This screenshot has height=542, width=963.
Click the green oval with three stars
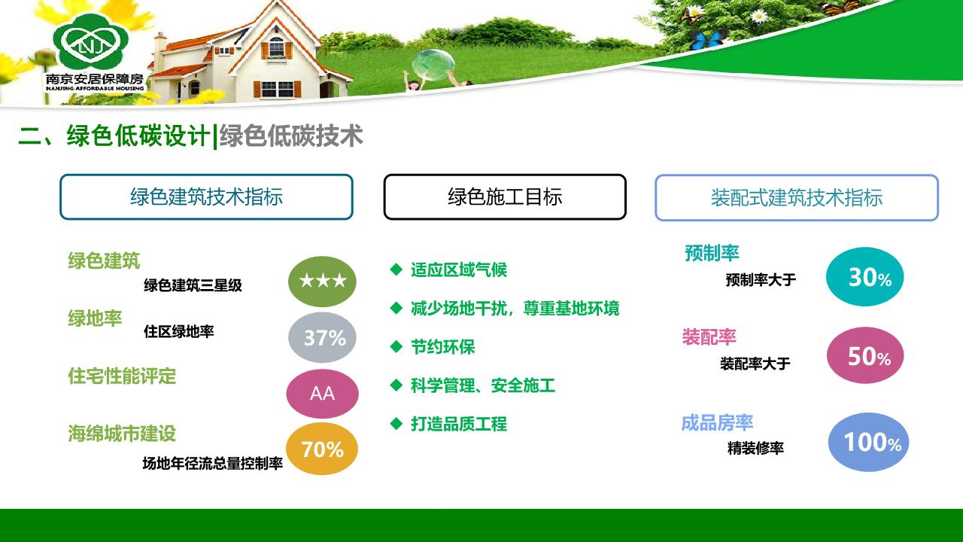click(x=323, y=282)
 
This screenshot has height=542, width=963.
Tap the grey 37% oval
click(x=323, y=337)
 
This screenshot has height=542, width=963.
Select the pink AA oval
click(x=323, y=394)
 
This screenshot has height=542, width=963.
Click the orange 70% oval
click(x=322, y=449)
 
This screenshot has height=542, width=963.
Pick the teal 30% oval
click(x=865, y=276)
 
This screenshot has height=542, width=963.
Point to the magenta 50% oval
click(x=865, y=355)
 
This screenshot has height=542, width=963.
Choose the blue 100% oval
click(x=868, y=442)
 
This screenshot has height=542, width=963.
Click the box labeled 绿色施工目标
click(x=505, y=197)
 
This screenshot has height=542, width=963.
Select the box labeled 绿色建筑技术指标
click(x=206, y=197)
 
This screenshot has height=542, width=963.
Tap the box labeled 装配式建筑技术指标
click(x=797, y=198)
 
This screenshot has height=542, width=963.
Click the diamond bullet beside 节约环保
click(x=396, y=347)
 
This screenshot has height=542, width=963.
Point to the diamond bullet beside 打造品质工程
click(x=396, y=424)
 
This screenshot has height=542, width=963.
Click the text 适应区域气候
click(x=459, y=270)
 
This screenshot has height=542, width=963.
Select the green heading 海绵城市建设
click(x=122, y=434)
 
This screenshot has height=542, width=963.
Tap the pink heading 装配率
click(x=709, y=336)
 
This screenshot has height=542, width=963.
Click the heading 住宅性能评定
click(x=122, y=376)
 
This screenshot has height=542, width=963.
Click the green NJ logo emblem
click(x=91, y=41)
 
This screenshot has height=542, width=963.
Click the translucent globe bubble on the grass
click(x=433, y=65)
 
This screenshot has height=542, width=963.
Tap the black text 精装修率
click(x=755, y=448)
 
